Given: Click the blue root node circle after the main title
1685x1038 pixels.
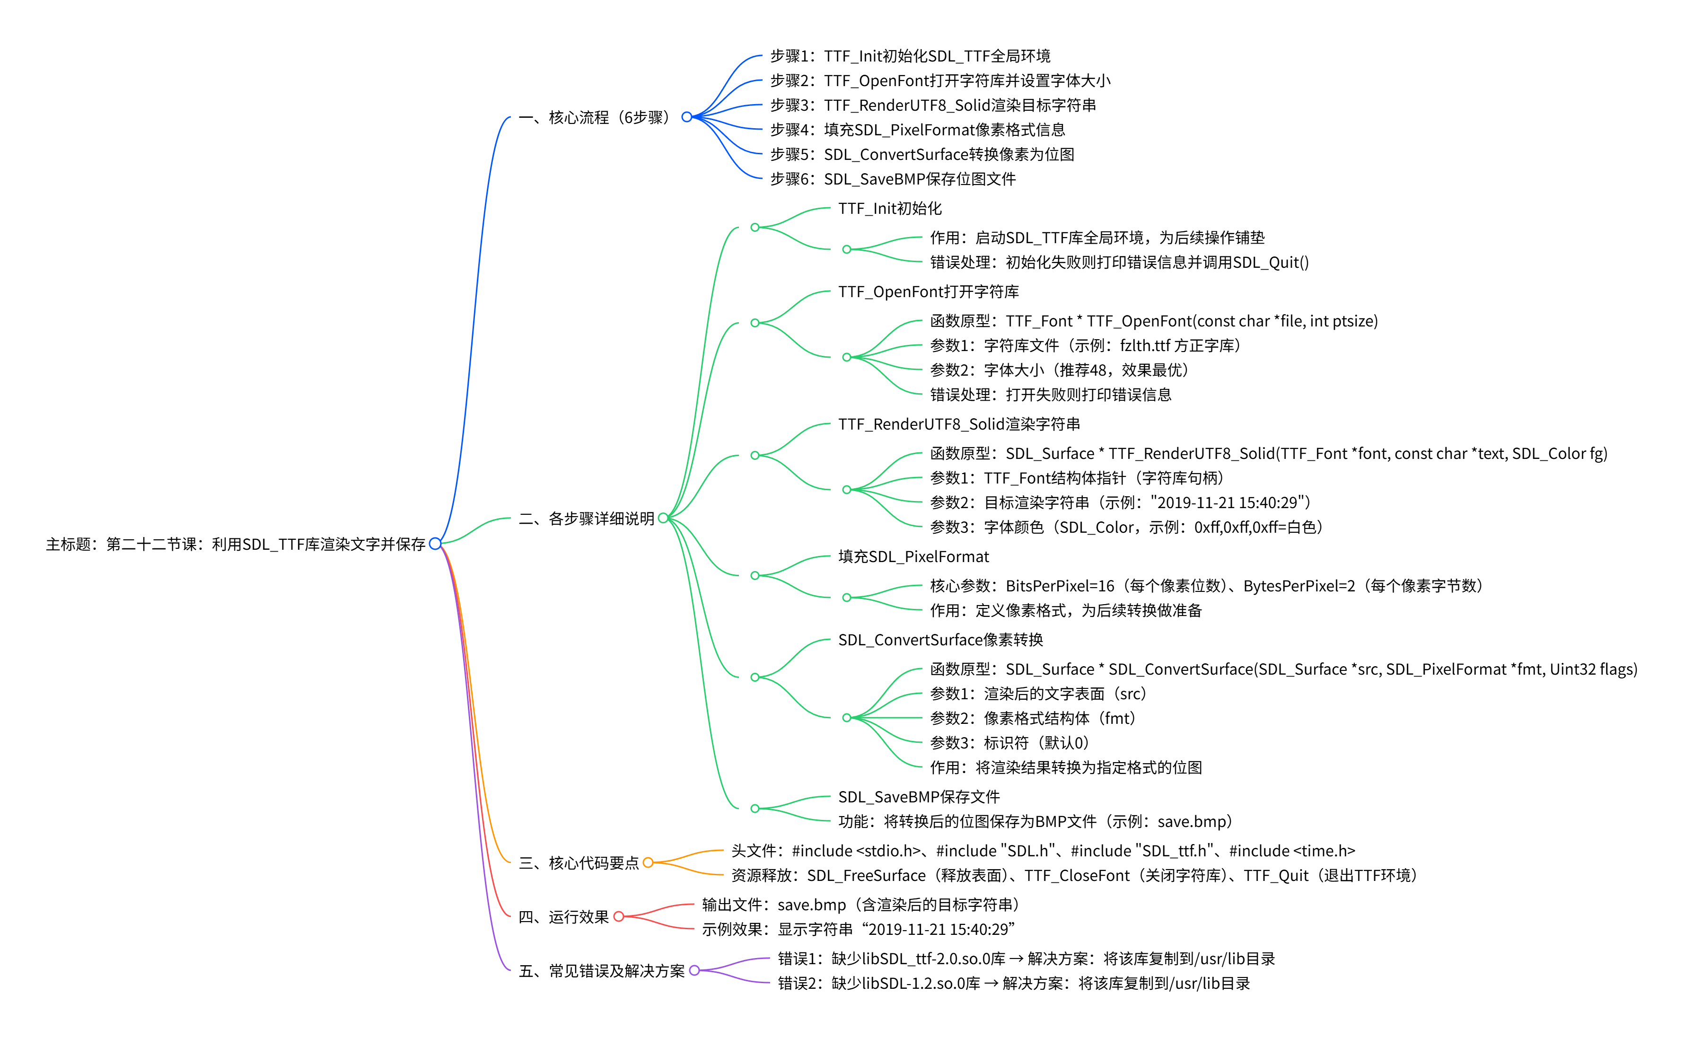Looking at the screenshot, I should [434, 544].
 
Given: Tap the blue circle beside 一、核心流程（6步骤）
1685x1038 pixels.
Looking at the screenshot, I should [686, 117].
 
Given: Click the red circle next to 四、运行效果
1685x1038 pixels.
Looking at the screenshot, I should [618, 916].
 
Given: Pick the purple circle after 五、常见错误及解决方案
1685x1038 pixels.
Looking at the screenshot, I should [694, 970].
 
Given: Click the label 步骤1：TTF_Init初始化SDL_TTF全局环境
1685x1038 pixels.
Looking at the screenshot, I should [909, 56].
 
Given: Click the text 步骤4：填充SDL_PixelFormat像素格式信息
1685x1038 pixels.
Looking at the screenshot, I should [917, 130].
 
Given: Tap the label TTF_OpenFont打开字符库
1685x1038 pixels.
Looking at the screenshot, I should [928, 292].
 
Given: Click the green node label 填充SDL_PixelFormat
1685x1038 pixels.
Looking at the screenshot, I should [913, 557].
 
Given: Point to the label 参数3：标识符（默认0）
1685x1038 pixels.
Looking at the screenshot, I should [1009, 743].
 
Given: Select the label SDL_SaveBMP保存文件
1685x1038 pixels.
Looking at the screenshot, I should [918, 797].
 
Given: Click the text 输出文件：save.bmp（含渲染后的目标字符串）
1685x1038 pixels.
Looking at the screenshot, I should [860, 905].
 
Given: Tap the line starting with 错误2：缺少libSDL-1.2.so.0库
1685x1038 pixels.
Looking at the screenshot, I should [1013, 983].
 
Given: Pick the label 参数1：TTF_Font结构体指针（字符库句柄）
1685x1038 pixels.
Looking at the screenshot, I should [1076, 478].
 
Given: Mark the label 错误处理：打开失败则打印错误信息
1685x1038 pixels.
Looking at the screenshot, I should [1050, 395].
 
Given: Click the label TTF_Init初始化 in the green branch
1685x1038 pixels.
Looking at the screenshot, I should [889, 209].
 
